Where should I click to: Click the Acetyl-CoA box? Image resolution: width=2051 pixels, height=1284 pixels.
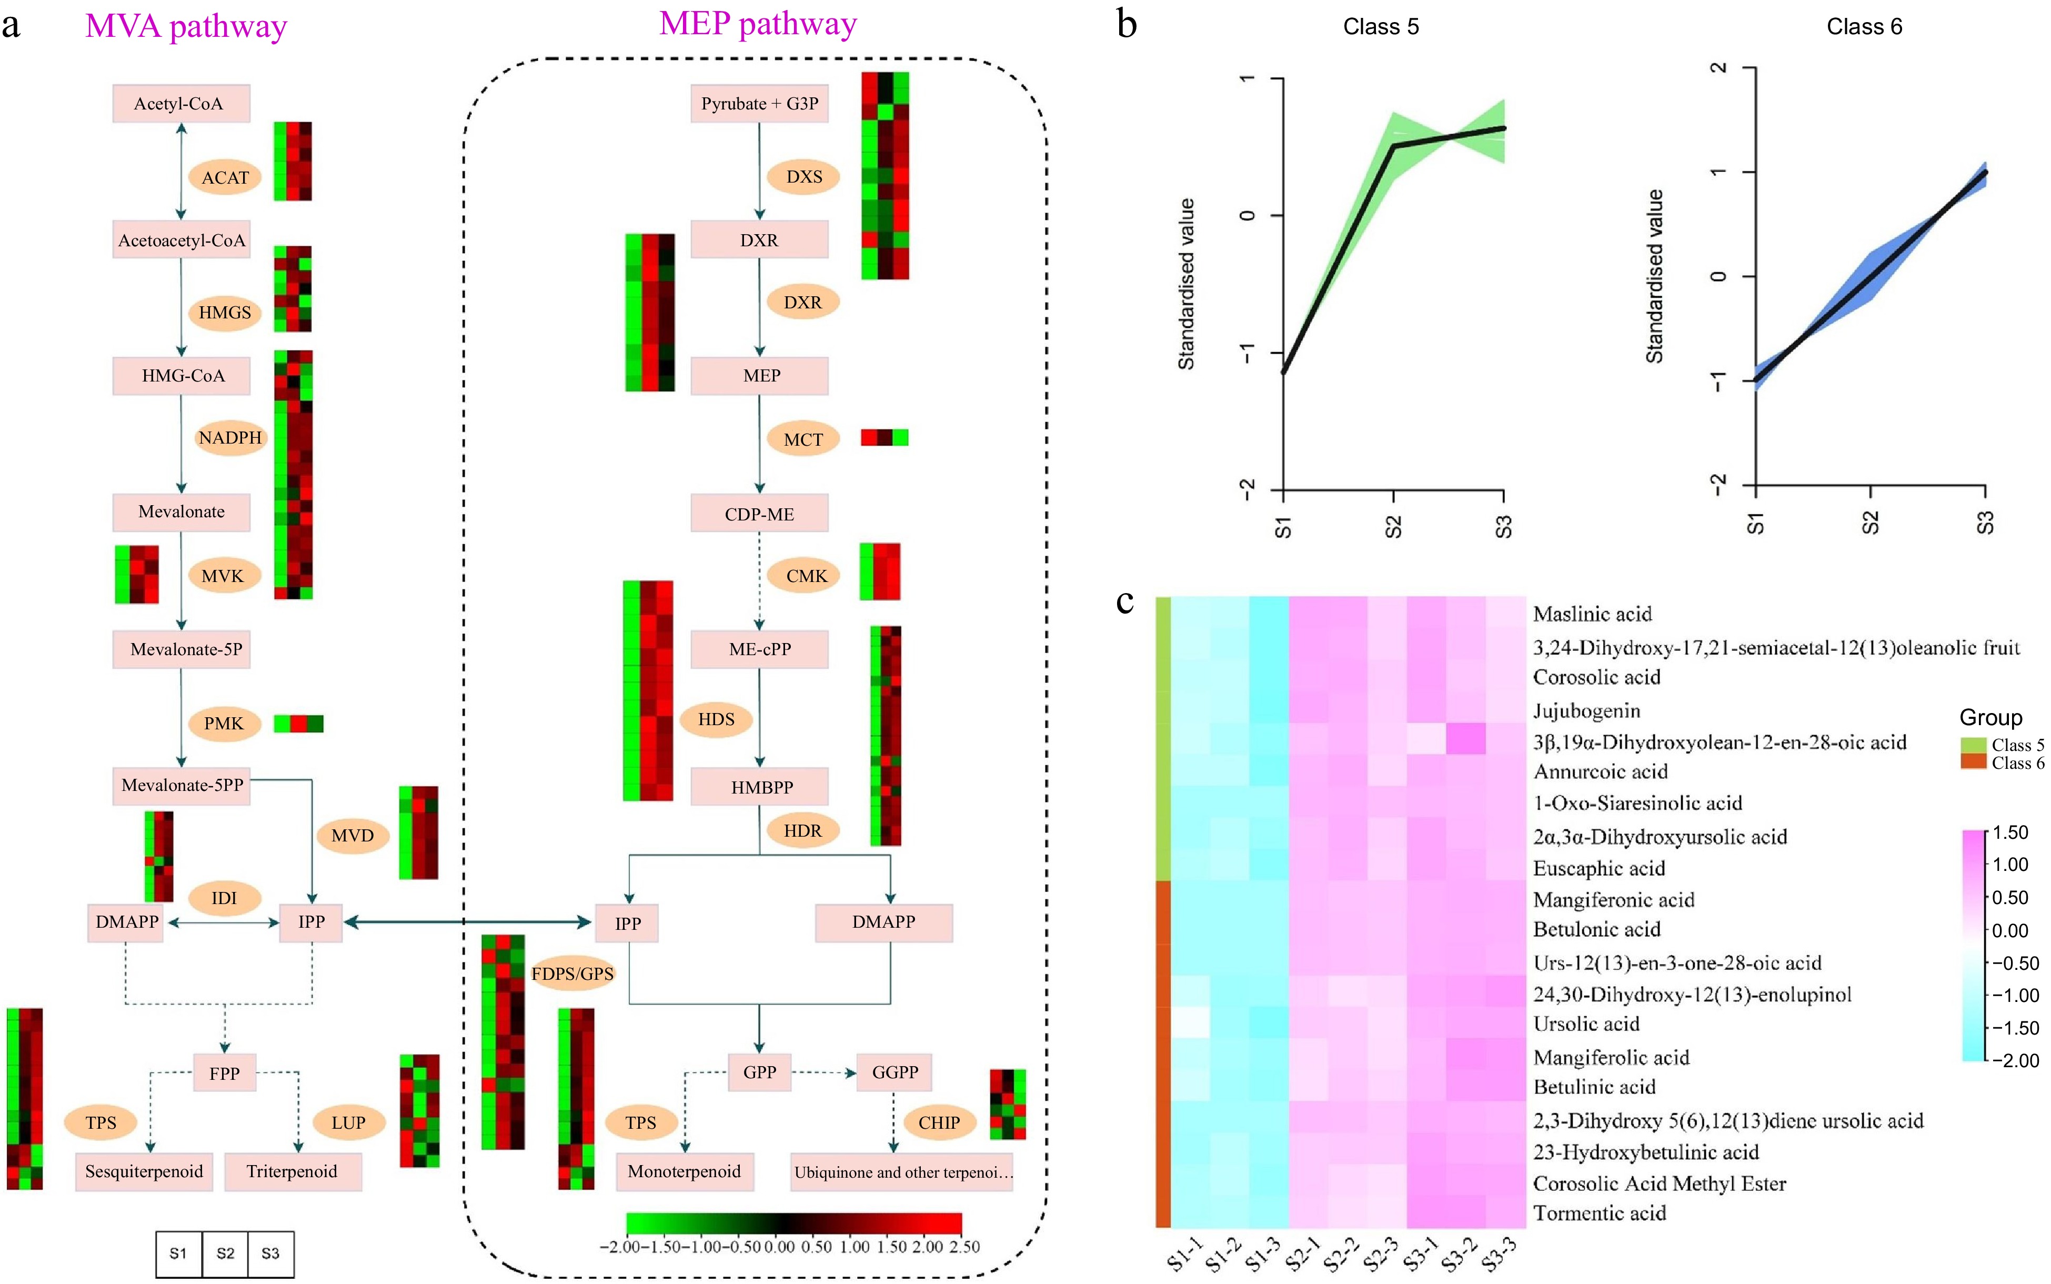pos(181,104)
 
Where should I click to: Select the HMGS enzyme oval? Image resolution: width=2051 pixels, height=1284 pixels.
pos(225,313)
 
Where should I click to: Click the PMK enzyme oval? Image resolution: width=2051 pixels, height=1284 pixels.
pos(223,724)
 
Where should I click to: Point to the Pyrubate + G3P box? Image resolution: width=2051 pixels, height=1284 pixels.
pos(759,104)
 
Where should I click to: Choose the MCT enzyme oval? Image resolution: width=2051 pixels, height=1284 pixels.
pos(802,439)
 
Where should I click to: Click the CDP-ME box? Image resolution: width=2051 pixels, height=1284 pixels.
pos(759,514)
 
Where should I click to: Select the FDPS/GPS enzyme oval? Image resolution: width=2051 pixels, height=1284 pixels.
pos(572,973)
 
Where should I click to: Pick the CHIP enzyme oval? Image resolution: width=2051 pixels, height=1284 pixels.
pos(939,1122)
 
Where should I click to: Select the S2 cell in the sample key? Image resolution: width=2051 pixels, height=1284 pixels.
pos(225,1253)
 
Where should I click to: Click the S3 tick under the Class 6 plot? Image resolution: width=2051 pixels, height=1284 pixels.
pos(1985,522)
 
